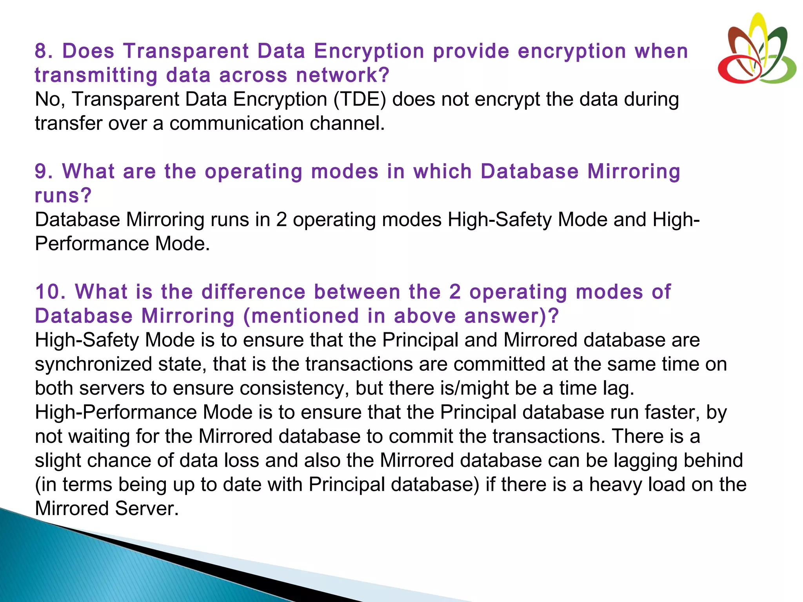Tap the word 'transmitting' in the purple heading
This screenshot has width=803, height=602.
[96, 75]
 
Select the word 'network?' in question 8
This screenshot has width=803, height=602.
[343, 75]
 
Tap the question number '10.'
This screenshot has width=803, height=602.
[51, 292]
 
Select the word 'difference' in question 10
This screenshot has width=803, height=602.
[253, 292]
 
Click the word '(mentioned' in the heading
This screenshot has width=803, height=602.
[301, 316]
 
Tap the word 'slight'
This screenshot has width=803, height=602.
[58, 461]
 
